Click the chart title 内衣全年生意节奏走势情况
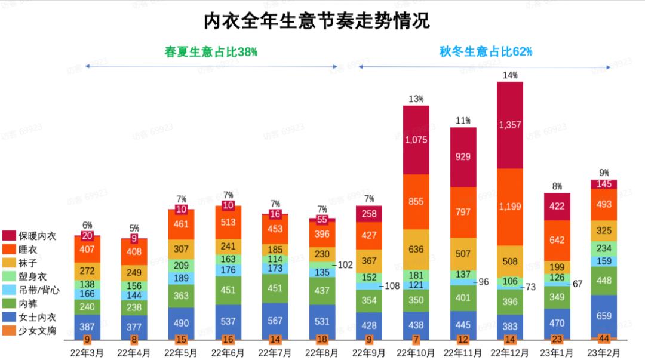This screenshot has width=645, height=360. point(317,21)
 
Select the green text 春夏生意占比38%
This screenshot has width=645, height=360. point(211,52)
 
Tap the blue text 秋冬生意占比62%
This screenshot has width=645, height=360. point(486,52)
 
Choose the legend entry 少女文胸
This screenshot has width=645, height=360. point(35,330)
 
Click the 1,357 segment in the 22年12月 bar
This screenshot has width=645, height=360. point(509,125)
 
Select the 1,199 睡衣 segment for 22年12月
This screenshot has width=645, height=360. point(509,207)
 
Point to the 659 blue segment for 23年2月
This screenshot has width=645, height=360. point(603,316)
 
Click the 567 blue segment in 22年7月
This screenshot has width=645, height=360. point(275,320)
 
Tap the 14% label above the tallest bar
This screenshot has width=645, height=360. point(509,75)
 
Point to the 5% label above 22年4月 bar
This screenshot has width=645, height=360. point(134,228)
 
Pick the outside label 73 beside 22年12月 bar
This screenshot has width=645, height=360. point(529,287)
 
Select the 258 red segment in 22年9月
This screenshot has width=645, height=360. point(368,214)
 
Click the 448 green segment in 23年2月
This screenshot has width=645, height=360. point(603,281)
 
